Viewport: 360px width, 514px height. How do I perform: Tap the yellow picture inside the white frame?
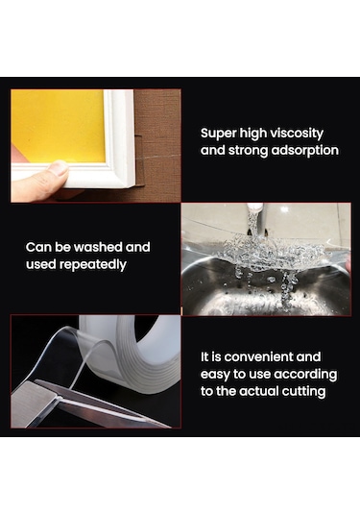pos(59,126)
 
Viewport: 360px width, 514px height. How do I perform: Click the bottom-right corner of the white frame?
pos(134,187)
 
